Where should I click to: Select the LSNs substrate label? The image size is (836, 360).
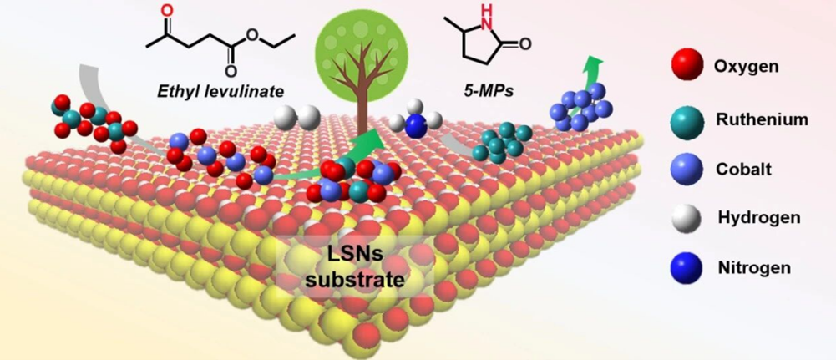click(355, 266)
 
